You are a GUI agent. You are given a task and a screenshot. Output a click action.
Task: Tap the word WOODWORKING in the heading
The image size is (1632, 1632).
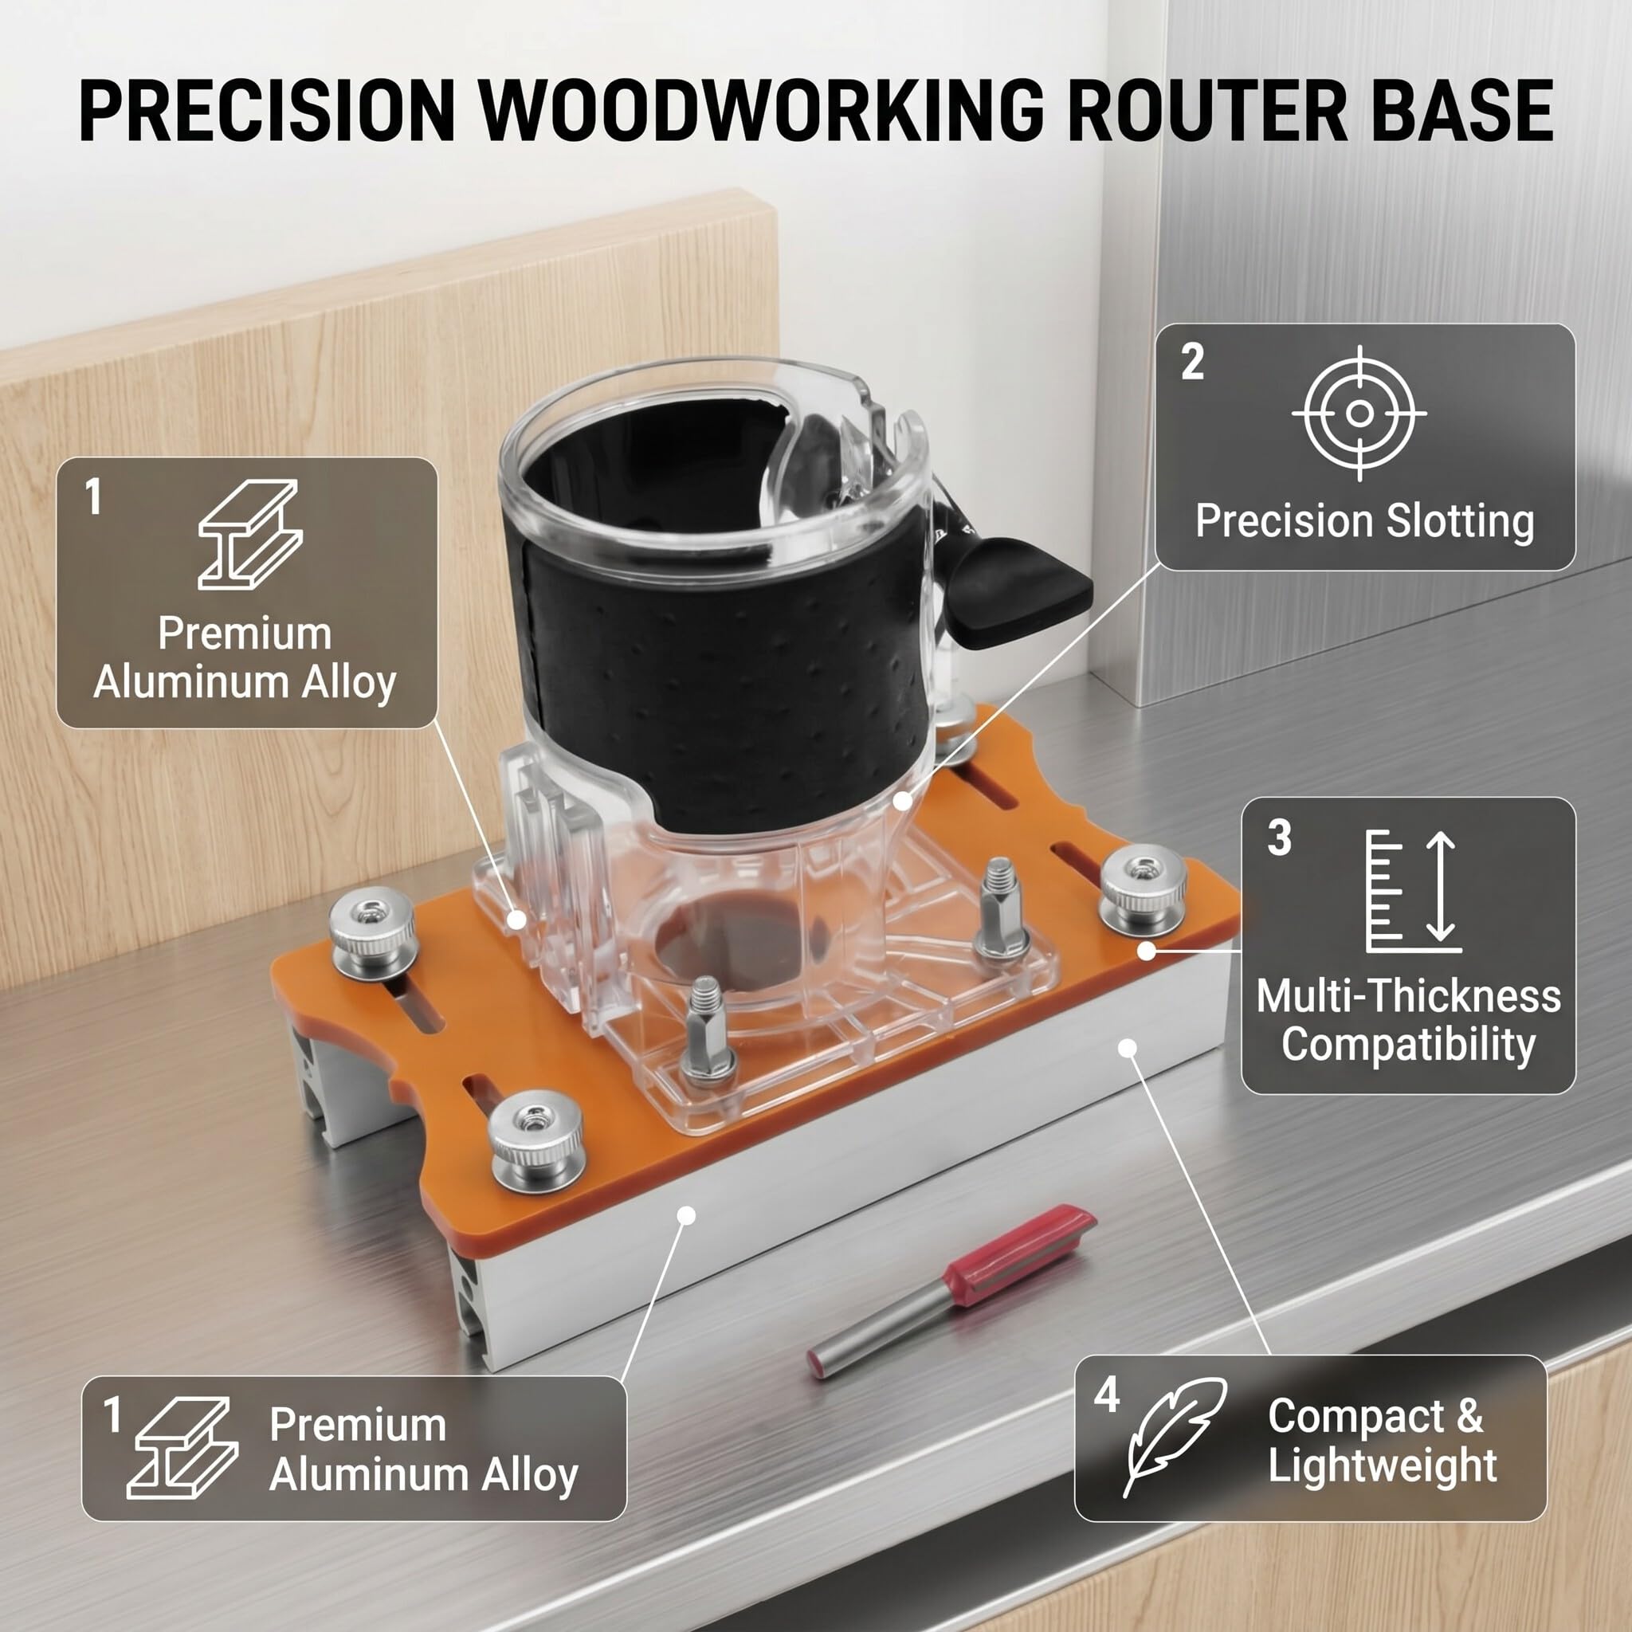763,111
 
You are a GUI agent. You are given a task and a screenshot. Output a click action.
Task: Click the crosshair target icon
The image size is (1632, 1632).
1359,413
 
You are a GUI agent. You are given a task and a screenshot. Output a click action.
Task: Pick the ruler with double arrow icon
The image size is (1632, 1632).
1412,891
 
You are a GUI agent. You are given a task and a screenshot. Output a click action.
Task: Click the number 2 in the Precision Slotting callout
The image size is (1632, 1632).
1193,362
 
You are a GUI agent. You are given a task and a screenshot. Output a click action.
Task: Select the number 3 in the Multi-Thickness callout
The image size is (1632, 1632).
1280,838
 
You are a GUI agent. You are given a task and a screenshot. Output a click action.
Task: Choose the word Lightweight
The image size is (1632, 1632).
1383,1465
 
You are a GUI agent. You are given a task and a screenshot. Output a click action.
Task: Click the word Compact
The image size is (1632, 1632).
1355,1417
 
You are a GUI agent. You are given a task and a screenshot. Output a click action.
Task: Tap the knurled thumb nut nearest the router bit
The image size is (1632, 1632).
537,1141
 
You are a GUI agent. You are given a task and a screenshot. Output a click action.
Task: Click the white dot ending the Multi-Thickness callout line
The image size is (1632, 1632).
1146,951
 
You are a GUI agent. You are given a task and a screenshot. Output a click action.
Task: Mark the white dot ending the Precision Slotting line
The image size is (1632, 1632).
903,801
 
